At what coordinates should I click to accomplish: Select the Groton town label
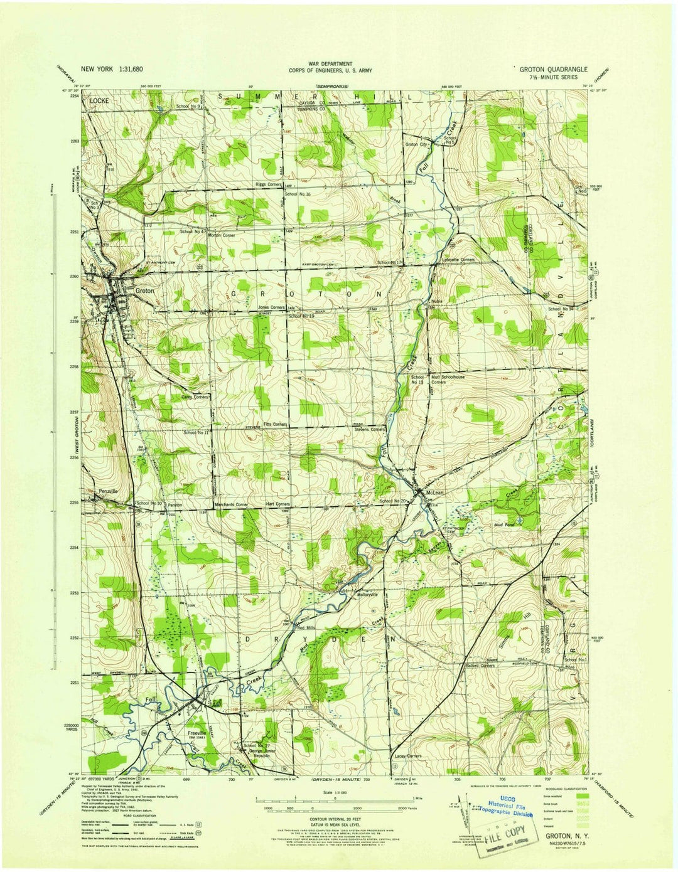(144, 291)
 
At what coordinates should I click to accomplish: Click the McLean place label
(435, 493)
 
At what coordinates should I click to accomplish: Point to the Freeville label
(196, 732)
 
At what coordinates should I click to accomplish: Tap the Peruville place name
(108, 491)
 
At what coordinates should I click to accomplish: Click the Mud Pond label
(505, 524)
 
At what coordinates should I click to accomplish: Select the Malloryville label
(370, 593)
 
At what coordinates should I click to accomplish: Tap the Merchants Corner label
(231, 505)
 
